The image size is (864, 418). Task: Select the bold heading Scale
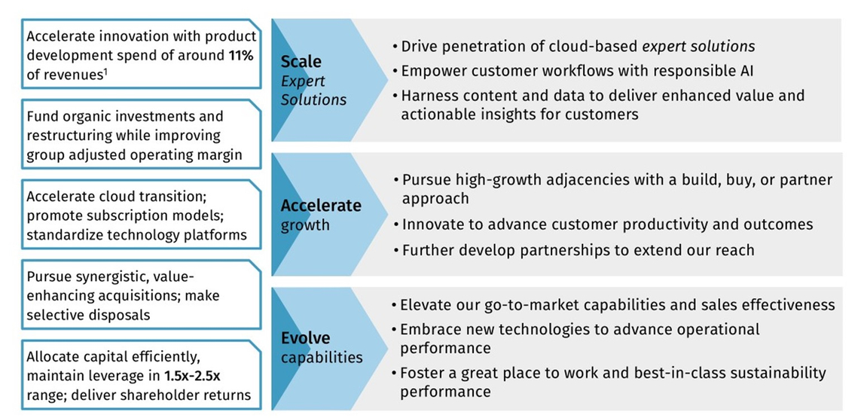(x=301, y=62)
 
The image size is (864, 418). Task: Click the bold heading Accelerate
(x=321, y=206)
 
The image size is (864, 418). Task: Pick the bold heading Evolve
(x=305, y=338)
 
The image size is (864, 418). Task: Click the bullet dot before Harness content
(x=395, y=96)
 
